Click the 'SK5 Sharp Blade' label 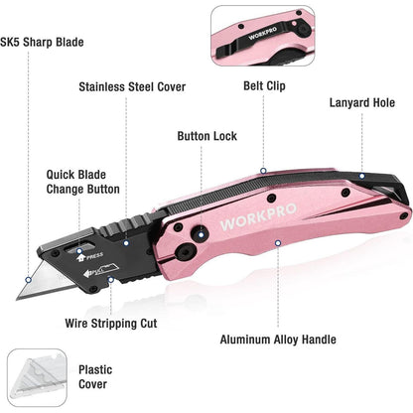coord(42,43)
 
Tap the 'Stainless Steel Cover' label coord(132,87)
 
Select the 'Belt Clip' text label coord(264,85)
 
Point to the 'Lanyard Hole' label coord(362,102)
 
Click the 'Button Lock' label coord(206,136)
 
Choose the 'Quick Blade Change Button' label coord(82,182)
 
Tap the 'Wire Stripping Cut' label coord(111,324)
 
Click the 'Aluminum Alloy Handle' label coord(278,340)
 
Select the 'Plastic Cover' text coord(95,377)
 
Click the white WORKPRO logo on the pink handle coord(258,216)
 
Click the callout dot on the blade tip coord(29,280)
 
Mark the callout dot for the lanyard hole coord(362,176)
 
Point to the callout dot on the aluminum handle coord(278,243)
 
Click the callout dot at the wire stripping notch coord(111,280)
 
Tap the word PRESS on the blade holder coord(94,256)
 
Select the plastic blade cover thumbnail coord(37,377)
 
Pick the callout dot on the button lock coord(201,234)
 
